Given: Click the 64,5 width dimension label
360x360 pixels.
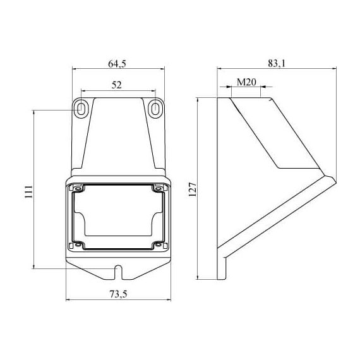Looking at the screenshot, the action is pyautogui.click(x=117, y=64).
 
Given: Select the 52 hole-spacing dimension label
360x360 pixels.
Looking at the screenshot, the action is pyautogui.click(x=117, y=85).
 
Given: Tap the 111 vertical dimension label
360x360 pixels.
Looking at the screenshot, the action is pyautogui.click(x=29, y=192).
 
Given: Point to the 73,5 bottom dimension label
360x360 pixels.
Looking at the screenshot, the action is pyautogui.click(x=118, y=294).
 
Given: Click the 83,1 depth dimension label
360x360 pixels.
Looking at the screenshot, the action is pyautogui.click(x=277, y=64).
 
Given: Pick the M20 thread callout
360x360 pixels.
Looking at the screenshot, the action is pyautogui.click(x=246, y=82).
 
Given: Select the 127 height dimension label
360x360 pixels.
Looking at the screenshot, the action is pyautogui.click(x=193, y=189).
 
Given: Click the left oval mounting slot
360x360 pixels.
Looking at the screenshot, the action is pyautogui.click(x=81, y=108).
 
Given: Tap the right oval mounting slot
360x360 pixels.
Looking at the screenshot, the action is pyautogui.click(x=155, y=108).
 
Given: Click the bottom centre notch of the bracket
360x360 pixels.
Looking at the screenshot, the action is pyautogui.click(x=118, y=272).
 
